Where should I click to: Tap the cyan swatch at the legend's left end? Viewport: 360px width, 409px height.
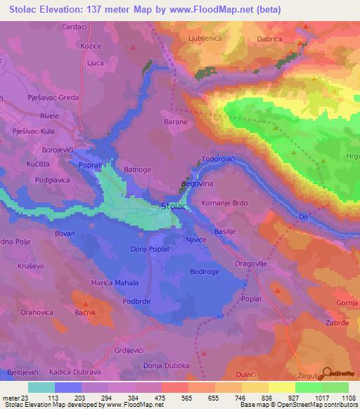(41, 387)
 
